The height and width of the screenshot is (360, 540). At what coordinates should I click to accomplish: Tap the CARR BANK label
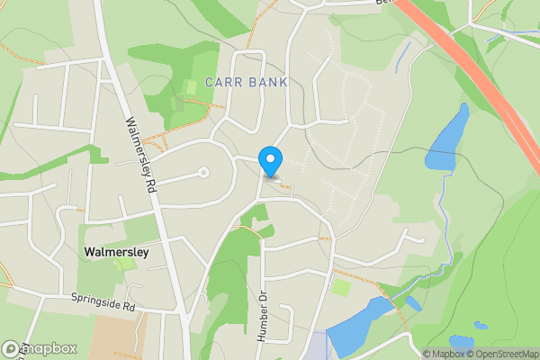(x=247, y=82)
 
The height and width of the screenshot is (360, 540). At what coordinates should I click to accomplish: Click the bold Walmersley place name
(x=115, y=253)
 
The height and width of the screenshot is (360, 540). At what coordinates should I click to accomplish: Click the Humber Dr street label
(x=263, y=315)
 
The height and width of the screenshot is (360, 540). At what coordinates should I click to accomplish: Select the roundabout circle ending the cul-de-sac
(x=203, y=172)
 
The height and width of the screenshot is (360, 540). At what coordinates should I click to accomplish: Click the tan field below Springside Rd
(x=117, y=337)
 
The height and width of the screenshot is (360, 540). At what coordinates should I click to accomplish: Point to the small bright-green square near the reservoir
(x=340, y=288)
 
